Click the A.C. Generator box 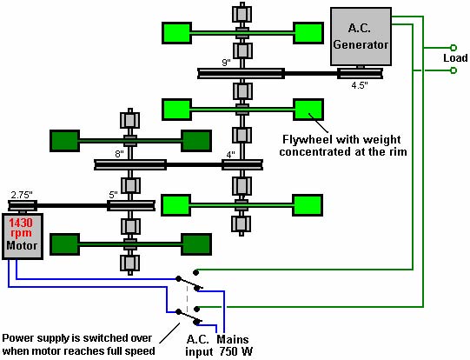click(361, 37)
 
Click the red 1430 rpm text click(21, 228)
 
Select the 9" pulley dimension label click(226, 63)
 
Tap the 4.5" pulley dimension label click(360, 85)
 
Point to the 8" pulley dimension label click(119, 154)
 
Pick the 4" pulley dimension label click(230, 155)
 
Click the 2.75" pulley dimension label click(22, 195)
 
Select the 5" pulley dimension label click(113, 195)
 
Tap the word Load click(455, 58)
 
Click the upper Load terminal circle click(453, 48)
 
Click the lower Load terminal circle click(453, 70)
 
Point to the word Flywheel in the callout click(308, 139)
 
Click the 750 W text click(236, 351)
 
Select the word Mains click(233, 339)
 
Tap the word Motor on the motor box click(22, 245)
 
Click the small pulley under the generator click(360, 73)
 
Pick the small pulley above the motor click(23, 205)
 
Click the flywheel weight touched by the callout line click(308, 110)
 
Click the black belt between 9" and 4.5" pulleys click(311, 73)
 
